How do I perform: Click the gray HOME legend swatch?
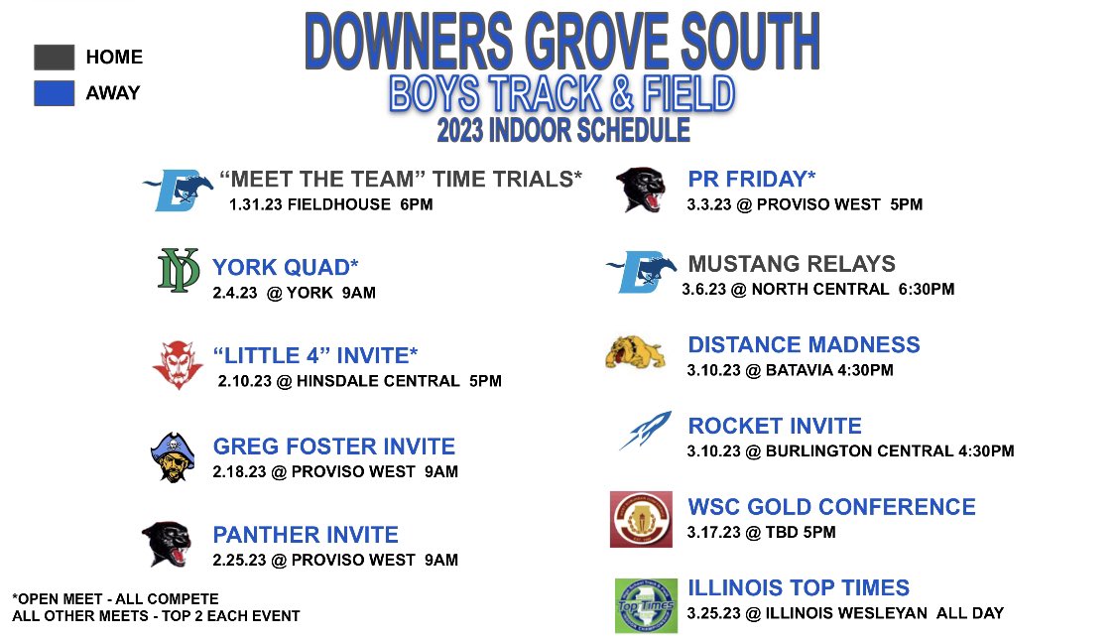coord(54,57)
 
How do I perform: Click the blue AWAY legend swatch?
coord(54,92)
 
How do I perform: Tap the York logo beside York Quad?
coord(179,271)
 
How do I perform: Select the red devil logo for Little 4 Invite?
coord(178,363)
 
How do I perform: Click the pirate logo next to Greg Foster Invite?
coord(173,456)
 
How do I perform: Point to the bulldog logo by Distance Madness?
coord(635,353)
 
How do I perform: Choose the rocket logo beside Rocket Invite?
coord(645,430)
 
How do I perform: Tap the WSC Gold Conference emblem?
coord(641,519)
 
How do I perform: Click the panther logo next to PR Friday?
coord(641,189)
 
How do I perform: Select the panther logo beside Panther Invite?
coord(166,544)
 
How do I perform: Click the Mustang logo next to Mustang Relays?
coord(641,271)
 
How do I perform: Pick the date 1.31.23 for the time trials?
coord(254,205)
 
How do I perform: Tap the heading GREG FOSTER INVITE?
coord(334,447)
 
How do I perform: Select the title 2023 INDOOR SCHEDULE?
coord(563,130)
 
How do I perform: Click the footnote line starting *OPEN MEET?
coord(115,599)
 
